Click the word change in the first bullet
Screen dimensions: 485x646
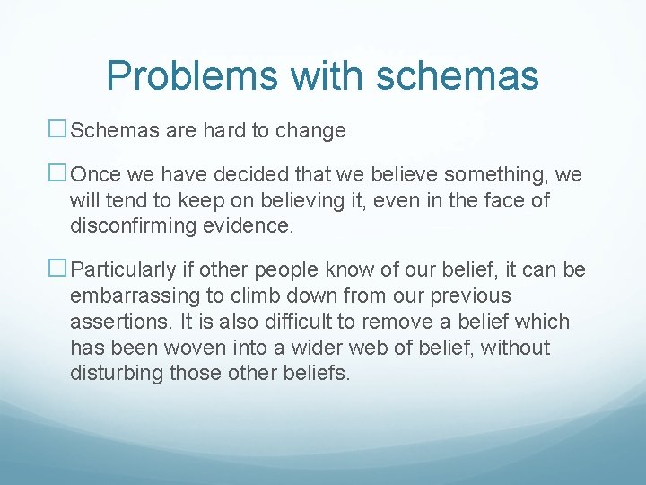point(310,131)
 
